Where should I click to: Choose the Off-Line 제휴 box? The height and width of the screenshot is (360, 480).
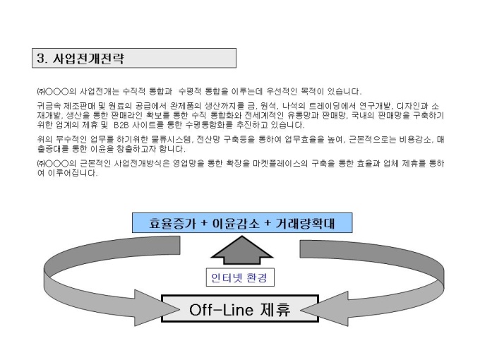pos(241,309)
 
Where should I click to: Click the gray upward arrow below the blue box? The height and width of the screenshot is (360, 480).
pos(240,251)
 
